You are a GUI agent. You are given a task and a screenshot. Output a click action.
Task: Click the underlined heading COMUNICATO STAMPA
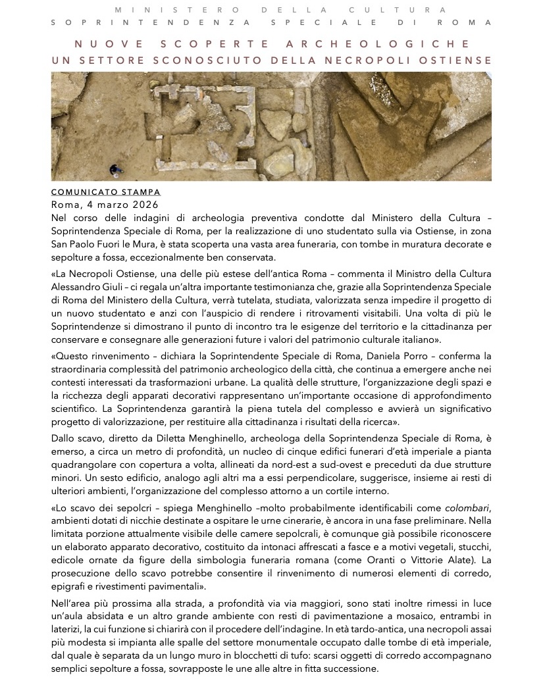click(105, 192)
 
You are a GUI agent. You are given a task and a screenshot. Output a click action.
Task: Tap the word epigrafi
click(68, 586)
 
